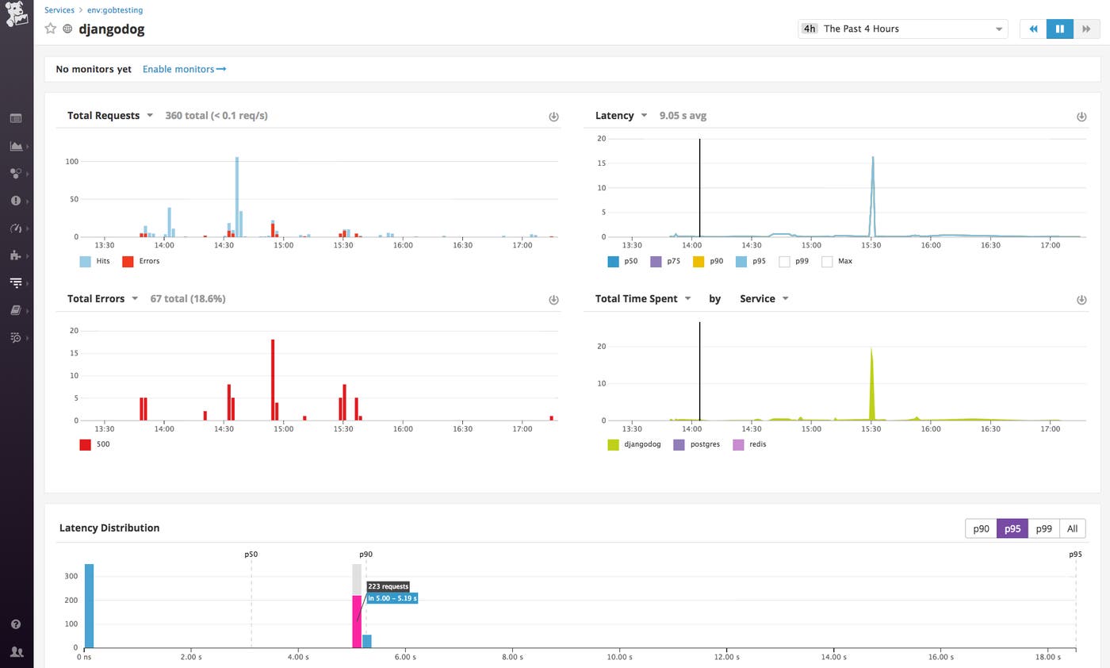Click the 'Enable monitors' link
[x=184, y=69]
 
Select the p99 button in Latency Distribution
[x=1043, y=528]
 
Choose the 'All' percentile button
[x=1072, y=528]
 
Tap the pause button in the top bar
[x=1059, y=29]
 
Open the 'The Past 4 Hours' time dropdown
[x=902, y=29]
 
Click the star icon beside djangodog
[x=51, y=29]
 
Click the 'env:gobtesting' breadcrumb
[x=115, y=10]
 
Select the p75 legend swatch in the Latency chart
[x=656, y=261]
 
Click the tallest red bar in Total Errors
[x=273, y=379]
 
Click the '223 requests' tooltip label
[x=388, y=586]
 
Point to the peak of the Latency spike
[x=873, y=158]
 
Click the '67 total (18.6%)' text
[x=188, y=298]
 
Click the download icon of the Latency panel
[x=1081, y=117]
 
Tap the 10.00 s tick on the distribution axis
[x=619, y=657]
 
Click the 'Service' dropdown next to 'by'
[x=764, y=298]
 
